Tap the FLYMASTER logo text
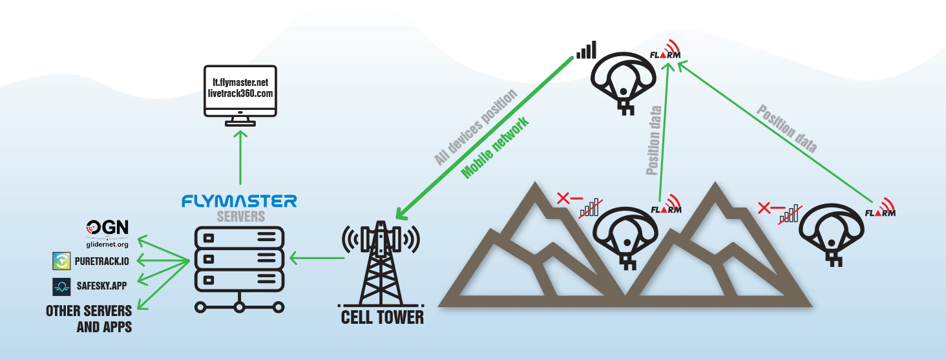[x=239, y=201]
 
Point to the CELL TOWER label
[x=383, y=317]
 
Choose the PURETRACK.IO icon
[x=61, y=261]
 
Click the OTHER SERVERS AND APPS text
[x=89, y=319]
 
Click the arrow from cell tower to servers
[x=317, y=259]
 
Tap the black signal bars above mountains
[x=587, y=50]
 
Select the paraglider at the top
[x=623, y=78]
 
